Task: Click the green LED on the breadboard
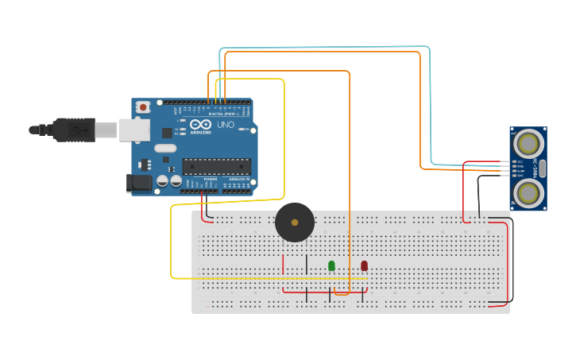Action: coord(331,265)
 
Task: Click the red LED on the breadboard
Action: coord(364,265)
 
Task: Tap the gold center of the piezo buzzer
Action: coord(295,223)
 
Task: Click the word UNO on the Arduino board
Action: coord(226,125)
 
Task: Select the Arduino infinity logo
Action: coord(200,124)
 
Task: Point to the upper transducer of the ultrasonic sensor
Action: coord(528,144)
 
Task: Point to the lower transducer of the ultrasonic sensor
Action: coord(528,192)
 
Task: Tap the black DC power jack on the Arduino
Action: coord(139,183)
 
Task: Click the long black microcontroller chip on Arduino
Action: coord(216,166)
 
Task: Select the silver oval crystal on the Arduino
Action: coord(165,148)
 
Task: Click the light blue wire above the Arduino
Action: coord(326,48)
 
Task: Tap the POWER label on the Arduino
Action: coord(211,180)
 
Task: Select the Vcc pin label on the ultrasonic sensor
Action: coord(520,161)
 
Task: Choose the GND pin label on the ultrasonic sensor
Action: coord(520,175)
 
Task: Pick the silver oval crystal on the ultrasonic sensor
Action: coord(543,168)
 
